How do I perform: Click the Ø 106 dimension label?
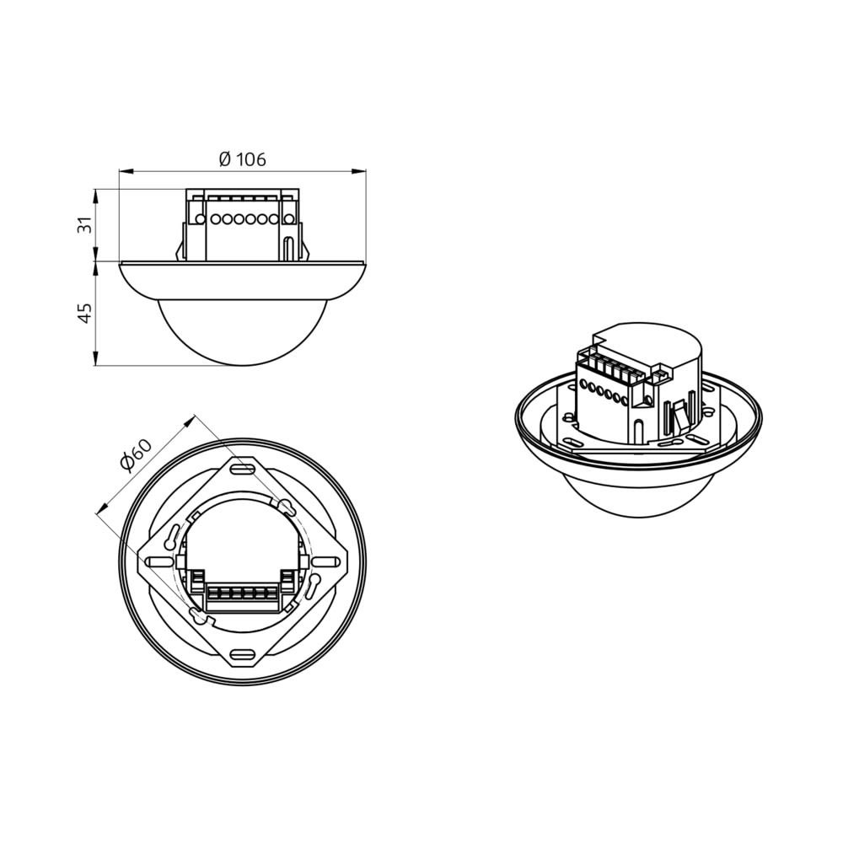[x=243, y=159]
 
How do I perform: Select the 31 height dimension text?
[x=86, y=224]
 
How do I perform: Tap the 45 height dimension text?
[x=86, y=313]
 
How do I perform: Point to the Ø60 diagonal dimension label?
[x=137, y=455]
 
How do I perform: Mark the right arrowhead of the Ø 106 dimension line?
[x=359, y=171]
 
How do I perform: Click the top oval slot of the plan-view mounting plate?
[x=243, y=470]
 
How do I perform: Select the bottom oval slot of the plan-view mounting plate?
[x=243, y=654]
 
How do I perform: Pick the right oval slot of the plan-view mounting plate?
[x=327, y=561]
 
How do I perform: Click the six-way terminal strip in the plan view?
[x=243, y=594]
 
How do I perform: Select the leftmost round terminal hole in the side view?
[x=200, y=219]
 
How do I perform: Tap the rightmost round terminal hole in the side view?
[x=288, y=219]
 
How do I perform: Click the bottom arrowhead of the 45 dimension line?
[x=96, y=359]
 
